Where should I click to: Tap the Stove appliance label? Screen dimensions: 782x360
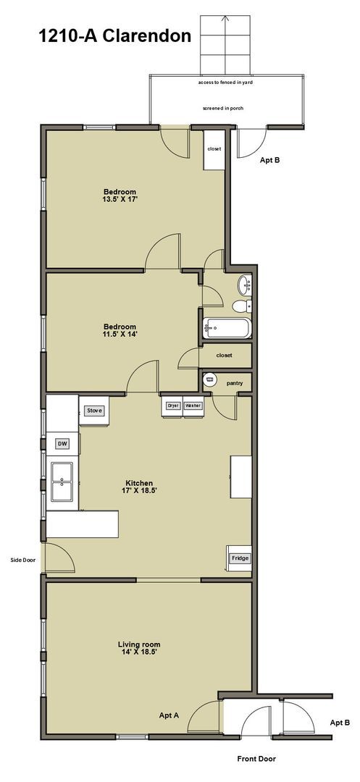pos(95,411)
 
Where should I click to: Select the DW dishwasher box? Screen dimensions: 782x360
pos(62,443)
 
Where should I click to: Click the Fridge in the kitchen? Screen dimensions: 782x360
pos(239,558)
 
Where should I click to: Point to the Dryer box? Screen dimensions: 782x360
pos(173,406)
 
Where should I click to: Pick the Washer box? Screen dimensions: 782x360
pos(193,406)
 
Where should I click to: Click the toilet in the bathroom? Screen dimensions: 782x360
pos(239,306)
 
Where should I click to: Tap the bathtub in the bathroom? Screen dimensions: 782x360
pos(227,328)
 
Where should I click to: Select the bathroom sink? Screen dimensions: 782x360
pos(246,285)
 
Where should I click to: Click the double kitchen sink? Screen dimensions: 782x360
pos(62,480)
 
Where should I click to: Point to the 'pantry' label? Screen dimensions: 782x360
pos(234,383)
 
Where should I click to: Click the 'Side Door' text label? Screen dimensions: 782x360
pos(22,559)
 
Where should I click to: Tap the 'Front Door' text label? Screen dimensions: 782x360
pos(256,759)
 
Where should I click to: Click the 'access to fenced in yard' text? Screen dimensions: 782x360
pos(225,83)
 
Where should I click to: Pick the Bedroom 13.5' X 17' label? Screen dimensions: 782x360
pos(120,196)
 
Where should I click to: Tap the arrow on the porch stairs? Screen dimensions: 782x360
pos(225,22)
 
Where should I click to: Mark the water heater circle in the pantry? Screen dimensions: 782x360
pos(210,379)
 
